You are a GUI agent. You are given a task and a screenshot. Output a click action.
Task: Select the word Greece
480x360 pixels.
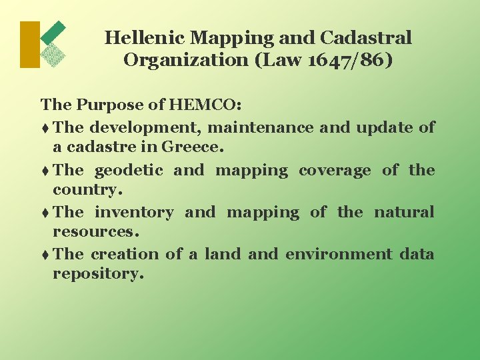196,147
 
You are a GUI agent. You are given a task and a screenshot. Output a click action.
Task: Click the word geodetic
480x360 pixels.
129,170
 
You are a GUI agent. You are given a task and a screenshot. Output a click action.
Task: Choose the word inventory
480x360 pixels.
134,212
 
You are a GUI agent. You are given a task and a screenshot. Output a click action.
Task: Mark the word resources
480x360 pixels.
96,232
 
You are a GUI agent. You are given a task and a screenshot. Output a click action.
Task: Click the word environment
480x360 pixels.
339,254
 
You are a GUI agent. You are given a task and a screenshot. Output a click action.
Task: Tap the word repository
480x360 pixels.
98,274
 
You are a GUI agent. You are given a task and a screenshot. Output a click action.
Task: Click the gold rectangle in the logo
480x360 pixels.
30,45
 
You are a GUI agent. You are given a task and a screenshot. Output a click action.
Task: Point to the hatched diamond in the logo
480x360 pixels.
53,55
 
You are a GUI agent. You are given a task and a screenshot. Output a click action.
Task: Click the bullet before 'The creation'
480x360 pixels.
45,255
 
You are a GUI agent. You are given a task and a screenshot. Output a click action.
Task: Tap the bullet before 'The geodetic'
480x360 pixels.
45,171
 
